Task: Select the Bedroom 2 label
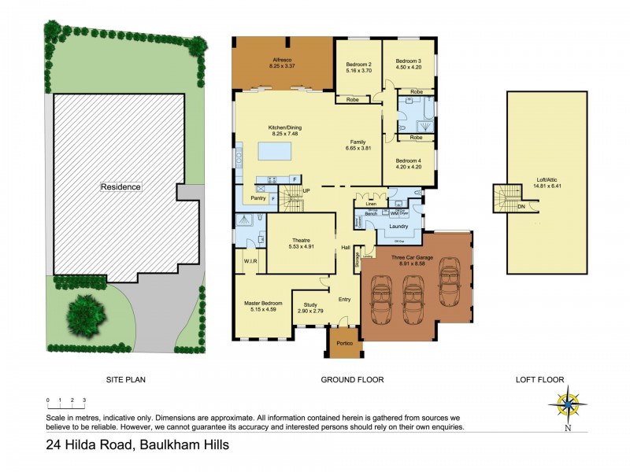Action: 358,67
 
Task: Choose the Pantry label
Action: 257,198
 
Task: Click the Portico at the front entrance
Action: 343,344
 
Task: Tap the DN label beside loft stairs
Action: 521,206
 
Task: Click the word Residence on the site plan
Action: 120,187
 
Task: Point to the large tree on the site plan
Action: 84,312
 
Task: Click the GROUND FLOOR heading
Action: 352,380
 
